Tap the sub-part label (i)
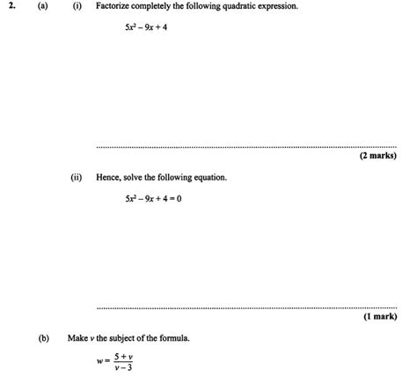point(77,6)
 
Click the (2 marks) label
point(377,156)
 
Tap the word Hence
point(109,177)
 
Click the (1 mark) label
point(380,316)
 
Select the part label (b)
point(43,337)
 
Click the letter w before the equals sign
point(100,361)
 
